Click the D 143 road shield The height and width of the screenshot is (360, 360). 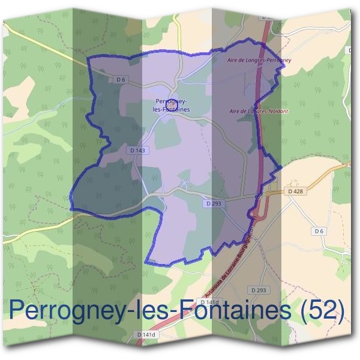tap(137, 151)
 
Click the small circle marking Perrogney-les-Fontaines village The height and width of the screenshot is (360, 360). tap(170, 103)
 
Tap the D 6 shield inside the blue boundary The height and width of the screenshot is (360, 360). tap(121, 79)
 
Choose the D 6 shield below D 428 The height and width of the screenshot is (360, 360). tap(318, 231)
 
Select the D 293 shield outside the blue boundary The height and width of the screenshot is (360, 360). tap(259, 290)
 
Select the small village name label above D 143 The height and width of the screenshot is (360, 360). tap(172, 106)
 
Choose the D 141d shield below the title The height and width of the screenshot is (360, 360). tap(146, 334)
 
